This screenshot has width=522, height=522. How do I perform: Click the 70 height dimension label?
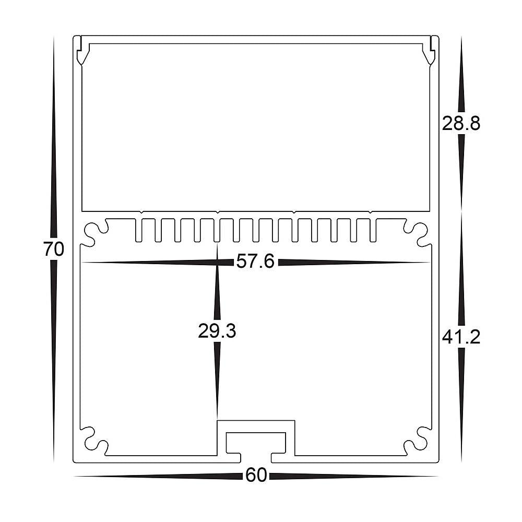[x=54, y=250]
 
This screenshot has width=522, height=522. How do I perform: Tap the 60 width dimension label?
[x=256, y=476]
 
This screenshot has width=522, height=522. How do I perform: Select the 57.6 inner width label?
[x=255, y=262]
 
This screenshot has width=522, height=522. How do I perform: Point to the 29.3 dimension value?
[x=217, y=331]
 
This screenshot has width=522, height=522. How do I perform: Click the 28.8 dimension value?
[x=461, y=124]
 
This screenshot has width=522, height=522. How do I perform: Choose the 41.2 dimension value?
[x=461, y=338]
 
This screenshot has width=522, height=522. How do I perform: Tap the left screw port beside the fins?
[x=94, y=233]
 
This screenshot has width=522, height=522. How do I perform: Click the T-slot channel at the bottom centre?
[x=256, y=442]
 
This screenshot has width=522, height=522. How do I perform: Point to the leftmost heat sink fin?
[x=139, y=230]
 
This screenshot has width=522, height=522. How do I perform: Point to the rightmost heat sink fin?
[x=373, y=230]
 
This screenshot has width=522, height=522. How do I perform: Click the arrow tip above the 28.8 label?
[x=461, y=39]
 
